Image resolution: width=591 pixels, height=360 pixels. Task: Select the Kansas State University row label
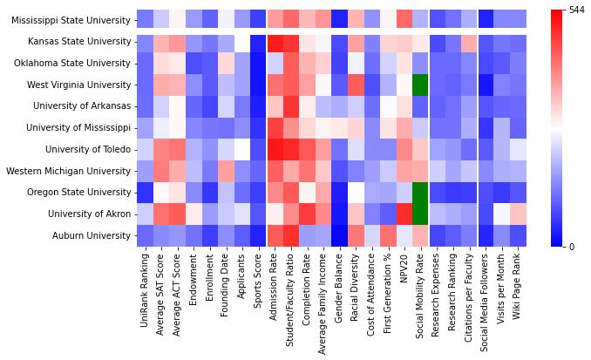click(x=79, y=42)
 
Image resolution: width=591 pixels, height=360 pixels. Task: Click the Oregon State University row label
click(x=79, y=191)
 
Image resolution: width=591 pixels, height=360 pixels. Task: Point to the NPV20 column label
click(x=404, y=269)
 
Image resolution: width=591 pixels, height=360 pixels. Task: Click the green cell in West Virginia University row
click(x=420, y=85)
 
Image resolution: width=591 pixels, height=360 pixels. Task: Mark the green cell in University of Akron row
click(x=420, y=213)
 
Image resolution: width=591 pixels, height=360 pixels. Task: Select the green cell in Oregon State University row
click(x=420, y=191)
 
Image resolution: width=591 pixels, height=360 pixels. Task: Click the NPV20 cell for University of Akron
click(x=404, y=213)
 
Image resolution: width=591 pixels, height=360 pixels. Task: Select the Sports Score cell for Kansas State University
click(x=258, y=42)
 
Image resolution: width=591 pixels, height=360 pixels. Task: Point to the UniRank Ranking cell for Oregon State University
click(x=145, y=191)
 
